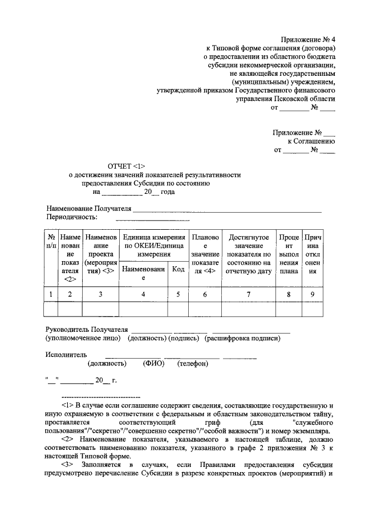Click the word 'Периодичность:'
tap(71, 217)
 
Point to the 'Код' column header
tap(178, 269)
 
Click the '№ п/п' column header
tap(51, 241)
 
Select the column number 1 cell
tap(51, 294)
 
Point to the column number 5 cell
tap(178, 294)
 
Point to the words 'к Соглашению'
tap(311, 141)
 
